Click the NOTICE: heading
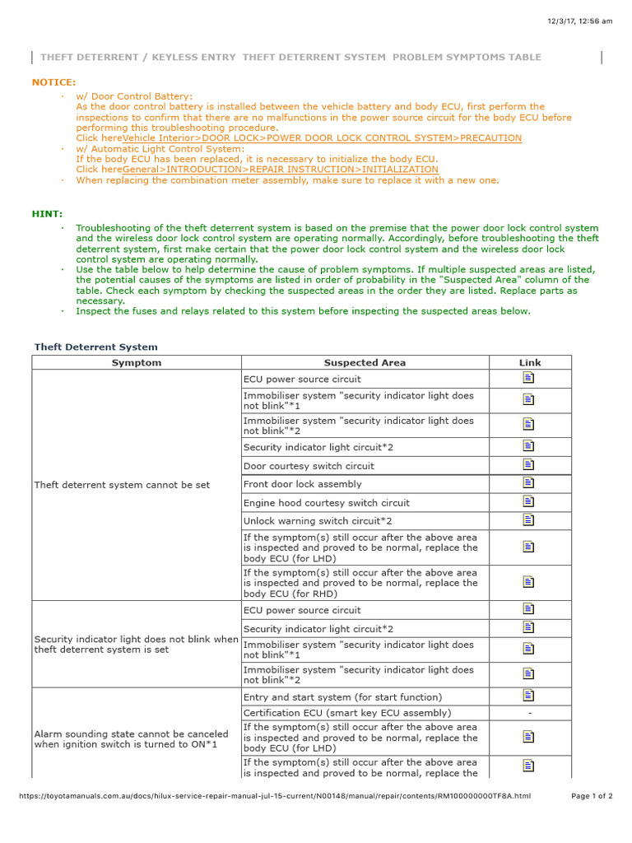tap(53, 82)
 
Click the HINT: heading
tap(47, 214)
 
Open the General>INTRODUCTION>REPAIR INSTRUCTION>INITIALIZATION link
tap(281, 169)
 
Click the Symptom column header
tap(137, 362)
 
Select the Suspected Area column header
tap(365, 362)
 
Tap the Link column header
tap(530, 362)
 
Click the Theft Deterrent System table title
tap(95, 347)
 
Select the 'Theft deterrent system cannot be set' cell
tap(122, 485)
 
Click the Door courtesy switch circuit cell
tap(309, 466)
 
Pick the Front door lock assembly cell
tap(302, 484)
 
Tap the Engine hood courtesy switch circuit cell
tap(326, 502)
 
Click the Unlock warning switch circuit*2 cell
tap(318, 521)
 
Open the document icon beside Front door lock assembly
tap(529, 483)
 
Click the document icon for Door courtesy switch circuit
tap(529, 465)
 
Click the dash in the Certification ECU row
tap(530, 713)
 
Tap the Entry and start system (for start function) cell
tap(342, 696)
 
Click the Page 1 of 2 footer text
tap(592, 796)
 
